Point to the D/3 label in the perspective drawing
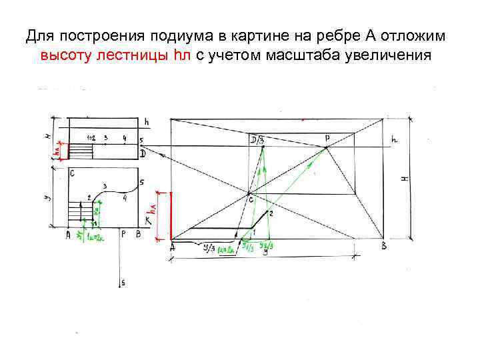point(257,139)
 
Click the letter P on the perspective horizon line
point(327,138)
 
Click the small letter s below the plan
point(123,283)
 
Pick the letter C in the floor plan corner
point(72,173)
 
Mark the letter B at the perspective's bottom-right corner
point(383,247)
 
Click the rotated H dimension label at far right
point(404,179)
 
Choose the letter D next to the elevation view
point(143,153)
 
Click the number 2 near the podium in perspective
point(271,213)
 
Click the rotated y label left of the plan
point(48,199)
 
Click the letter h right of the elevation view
point(147,122)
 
